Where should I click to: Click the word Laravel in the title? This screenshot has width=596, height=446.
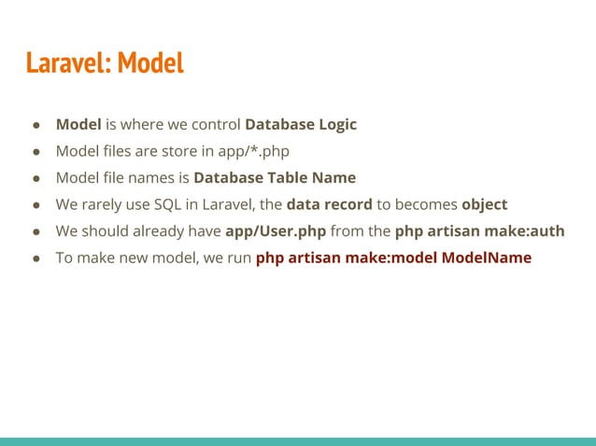coord(63,63)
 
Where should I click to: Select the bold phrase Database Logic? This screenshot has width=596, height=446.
coord(301,124)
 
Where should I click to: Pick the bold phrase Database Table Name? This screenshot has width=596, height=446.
coord(275,177)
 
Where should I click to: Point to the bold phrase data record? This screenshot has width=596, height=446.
coord(329,204)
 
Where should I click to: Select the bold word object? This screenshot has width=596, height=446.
coord(484,204)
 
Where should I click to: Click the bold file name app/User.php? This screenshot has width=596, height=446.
coord(276,231)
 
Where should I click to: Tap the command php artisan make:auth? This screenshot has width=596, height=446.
coord(480,231)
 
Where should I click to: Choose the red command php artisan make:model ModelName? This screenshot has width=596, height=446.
coord(393,258)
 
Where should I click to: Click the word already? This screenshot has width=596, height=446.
coord(157,231)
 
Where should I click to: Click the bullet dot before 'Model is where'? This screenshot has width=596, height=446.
coord(36,125)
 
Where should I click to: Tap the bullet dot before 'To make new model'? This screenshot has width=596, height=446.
coord(36,258)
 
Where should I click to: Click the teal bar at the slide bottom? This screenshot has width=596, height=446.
coord(298,440)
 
